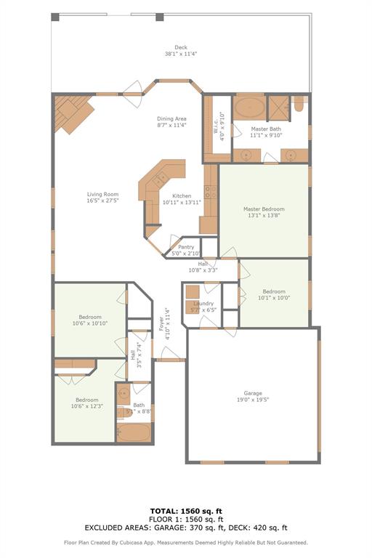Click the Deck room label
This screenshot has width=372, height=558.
point(180,47)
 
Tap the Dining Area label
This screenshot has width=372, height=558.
point(171,118)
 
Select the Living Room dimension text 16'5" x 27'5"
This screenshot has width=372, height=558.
point(102,201)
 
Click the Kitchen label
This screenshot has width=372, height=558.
point(182,196)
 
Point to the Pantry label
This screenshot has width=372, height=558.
point(186,247)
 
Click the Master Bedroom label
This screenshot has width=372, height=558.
point(264,209)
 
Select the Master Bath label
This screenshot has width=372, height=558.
point(265,129)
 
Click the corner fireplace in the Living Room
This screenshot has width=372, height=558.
point(73,113)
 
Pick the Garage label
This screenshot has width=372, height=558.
point(253,394)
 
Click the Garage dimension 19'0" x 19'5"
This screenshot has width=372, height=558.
point(253,400)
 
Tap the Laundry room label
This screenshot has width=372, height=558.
point(203,303)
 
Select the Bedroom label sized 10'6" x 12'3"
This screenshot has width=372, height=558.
point(86,400)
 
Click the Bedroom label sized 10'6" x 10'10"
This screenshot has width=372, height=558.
point(89,317)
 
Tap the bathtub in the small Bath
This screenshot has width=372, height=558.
point(134,434)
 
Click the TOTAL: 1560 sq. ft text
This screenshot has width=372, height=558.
point(186,511)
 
